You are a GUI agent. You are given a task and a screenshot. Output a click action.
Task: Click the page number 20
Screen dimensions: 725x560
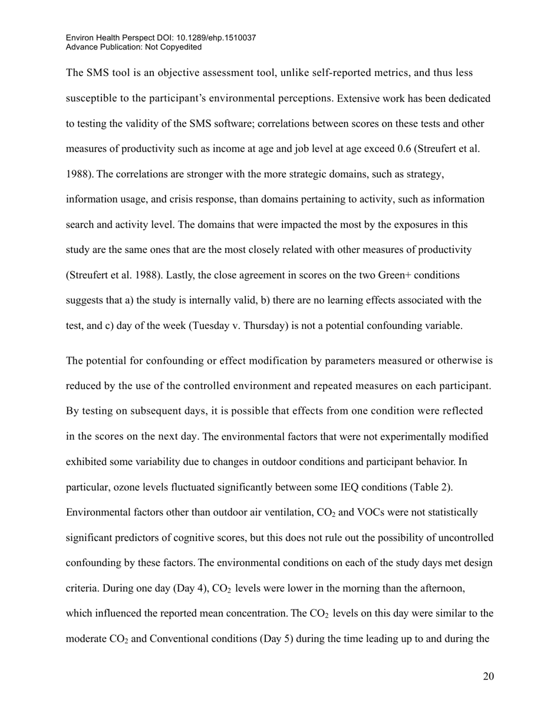488,676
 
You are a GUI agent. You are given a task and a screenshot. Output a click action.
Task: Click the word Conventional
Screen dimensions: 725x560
177,639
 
